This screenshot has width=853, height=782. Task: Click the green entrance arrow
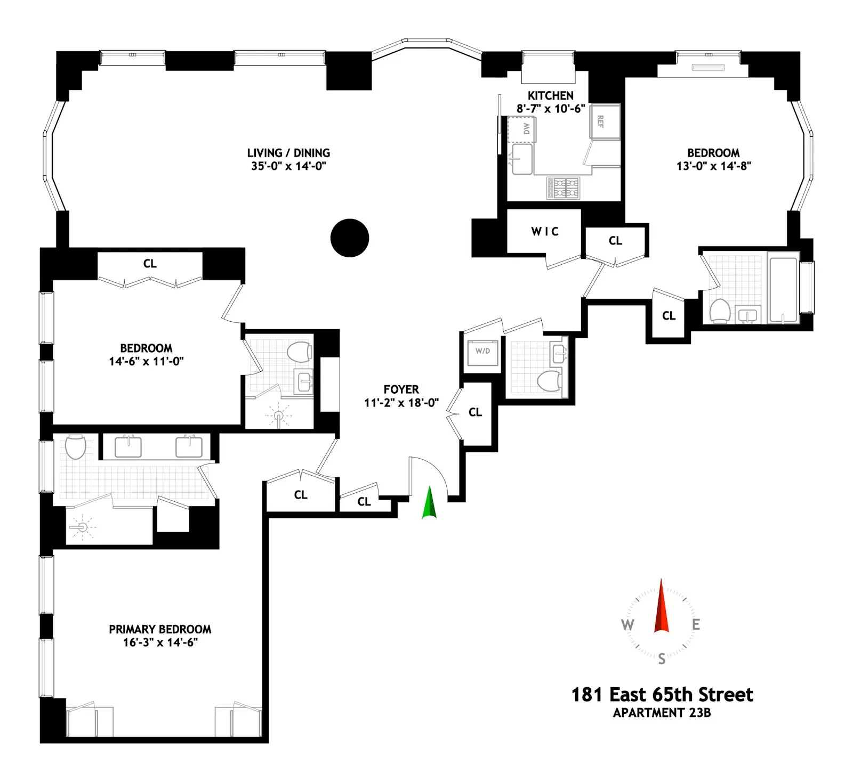pyautogui.click(x=429, y=503)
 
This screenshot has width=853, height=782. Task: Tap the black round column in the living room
pyautogui.click(x=350, y=238)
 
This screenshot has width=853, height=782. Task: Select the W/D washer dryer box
pyautogui.click(x=482, y=352)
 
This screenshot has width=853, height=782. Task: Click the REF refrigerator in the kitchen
pyautogui.click(x=604, y=121)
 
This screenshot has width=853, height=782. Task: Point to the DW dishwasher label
pyautogui.click(x=526, y=128)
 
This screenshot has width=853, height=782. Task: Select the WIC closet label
pyautogui.click(x=545, y=231)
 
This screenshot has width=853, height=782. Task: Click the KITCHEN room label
pyautogui.click(x=550, y=96)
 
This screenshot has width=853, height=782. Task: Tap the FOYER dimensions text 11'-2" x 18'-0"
pyautogui.click(x=401, y=403)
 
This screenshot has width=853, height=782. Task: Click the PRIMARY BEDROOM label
pyautogui.click(x=160, y=629)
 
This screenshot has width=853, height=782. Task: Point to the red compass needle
pyautogui.click(x=661, y=607)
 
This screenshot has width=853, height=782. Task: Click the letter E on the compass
pyautogui.click(x=696, y=624)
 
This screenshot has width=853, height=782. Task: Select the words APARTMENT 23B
pyautogui.click(x=662, y=713)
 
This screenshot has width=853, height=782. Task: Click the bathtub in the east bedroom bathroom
pyautogui.click(x=783, y=290)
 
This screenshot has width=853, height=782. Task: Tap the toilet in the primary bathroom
pyautogui.click(x=76, y=447)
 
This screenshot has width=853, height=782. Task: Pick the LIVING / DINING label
pyautogui.click(x=288, y=153)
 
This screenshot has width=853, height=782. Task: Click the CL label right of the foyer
pyautogui.click(x=475, y=412)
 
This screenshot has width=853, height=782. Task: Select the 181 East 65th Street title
pyautogui.click(x=662, y=695)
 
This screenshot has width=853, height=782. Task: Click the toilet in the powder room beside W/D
pyautogui.click(x=548, y=380)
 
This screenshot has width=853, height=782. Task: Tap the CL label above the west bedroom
pyautogui.click(x=150, y=264)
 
